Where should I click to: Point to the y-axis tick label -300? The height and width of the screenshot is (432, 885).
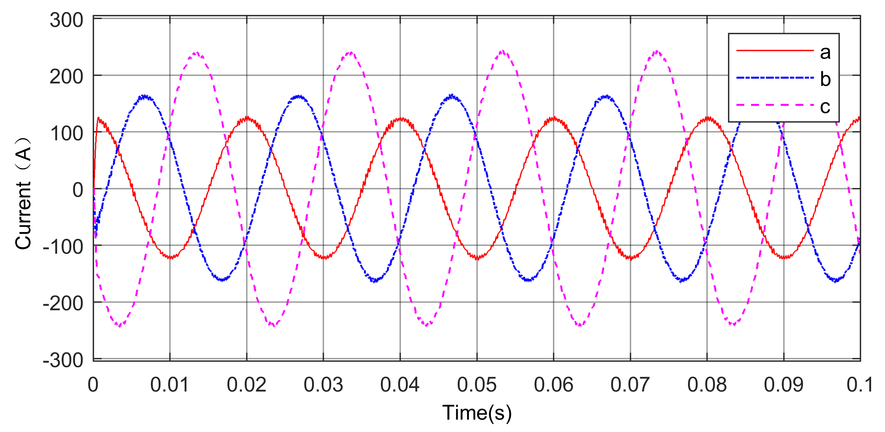point(63,360)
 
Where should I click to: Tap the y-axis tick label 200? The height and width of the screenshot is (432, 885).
point(66,77)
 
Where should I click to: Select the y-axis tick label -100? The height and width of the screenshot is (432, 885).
point(63,247)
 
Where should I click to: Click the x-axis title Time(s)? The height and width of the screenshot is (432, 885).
point(477,413)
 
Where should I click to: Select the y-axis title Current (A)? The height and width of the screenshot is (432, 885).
point(23,193)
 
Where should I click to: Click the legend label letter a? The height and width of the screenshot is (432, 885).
point(825,52)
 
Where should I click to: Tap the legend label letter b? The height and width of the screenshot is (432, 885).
point(825,79)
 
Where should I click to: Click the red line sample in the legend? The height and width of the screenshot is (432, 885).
point(775,51)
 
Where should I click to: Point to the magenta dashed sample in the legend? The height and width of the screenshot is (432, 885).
point(775,104)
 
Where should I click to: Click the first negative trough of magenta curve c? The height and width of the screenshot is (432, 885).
point(119,325)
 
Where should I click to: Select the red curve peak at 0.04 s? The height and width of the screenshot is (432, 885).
point(401,119)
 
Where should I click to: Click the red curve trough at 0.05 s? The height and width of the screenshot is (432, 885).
point(477,258)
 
